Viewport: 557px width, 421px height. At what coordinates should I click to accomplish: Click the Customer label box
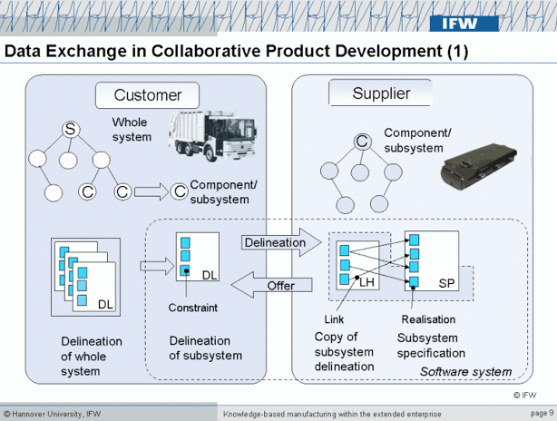tap(147, 94)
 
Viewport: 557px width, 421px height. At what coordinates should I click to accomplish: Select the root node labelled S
tap(69, 130)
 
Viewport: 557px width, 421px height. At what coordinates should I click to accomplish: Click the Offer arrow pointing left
tap(276, 286)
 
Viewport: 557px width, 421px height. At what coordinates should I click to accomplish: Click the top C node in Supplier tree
tap(361, 141)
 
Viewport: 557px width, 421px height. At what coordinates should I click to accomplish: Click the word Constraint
tap(192, 308)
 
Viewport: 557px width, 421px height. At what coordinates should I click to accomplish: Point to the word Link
tap(334, 319)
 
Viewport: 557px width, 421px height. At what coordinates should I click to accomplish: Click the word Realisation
tap(427, 319)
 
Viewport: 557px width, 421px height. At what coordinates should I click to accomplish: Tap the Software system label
tap(465, 372)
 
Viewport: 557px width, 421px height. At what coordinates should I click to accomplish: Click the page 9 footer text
tap(539, 413)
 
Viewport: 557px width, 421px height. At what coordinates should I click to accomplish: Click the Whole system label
tap(132, 130)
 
